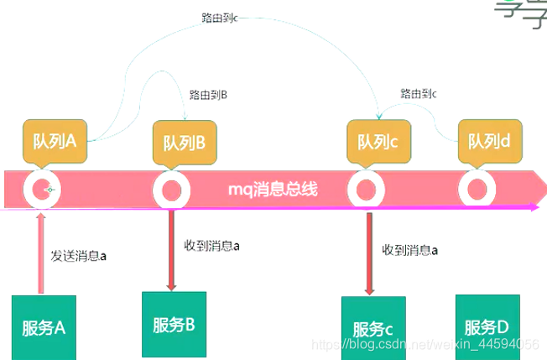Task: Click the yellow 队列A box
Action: point(55,141)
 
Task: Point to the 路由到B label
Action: point(209,96)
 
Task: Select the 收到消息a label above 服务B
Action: point(211,246)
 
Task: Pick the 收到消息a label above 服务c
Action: point(410,250)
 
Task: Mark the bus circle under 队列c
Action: point(366,190)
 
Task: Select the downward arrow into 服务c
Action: point(369,252)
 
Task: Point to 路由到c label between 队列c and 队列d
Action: point(419,93)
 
